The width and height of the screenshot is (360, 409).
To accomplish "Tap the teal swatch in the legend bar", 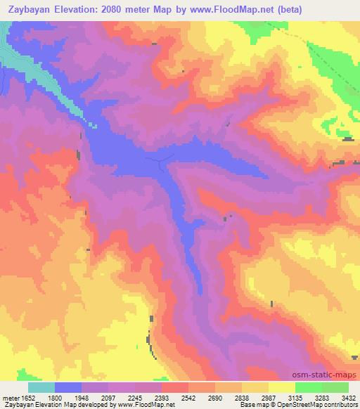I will point(41,387).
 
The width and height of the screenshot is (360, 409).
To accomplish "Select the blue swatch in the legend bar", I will point(68,387).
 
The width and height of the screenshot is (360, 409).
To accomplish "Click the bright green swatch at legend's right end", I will point(335,387).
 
